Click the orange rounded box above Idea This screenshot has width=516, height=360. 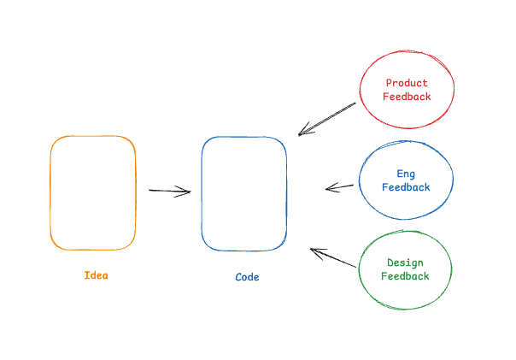pos(93,192)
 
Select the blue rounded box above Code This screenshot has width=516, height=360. pos(243,193)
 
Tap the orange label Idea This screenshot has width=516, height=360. pos(97,275)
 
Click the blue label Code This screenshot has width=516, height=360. pos(247,277)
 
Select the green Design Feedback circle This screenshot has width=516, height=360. pos(405,269)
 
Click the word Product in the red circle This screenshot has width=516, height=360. pos(407,84)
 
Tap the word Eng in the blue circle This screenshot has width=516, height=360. pos(406,174)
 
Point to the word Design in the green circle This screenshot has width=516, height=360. pos(405,263)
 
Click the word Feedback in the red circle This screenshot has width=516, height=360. pos(407,97)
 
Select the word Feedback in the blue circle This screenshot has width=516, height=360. pos(406,187)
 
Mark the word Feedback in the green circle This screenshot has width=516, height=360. pos(405,276)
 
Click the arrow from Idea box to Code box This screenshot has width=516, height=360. pos(169,191)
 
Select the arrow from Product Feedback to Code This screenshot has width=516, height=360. pos(327,119)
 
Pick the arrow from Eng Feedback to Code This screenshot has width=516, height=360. pos(340,186)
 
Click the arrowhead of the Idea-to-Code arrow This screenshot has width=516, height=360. pos(186,192)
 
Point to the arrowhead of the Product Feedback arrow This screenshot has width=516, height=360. pos(302,133)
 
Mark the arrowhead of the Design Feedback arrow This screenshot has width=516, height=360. pos(314,251)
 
